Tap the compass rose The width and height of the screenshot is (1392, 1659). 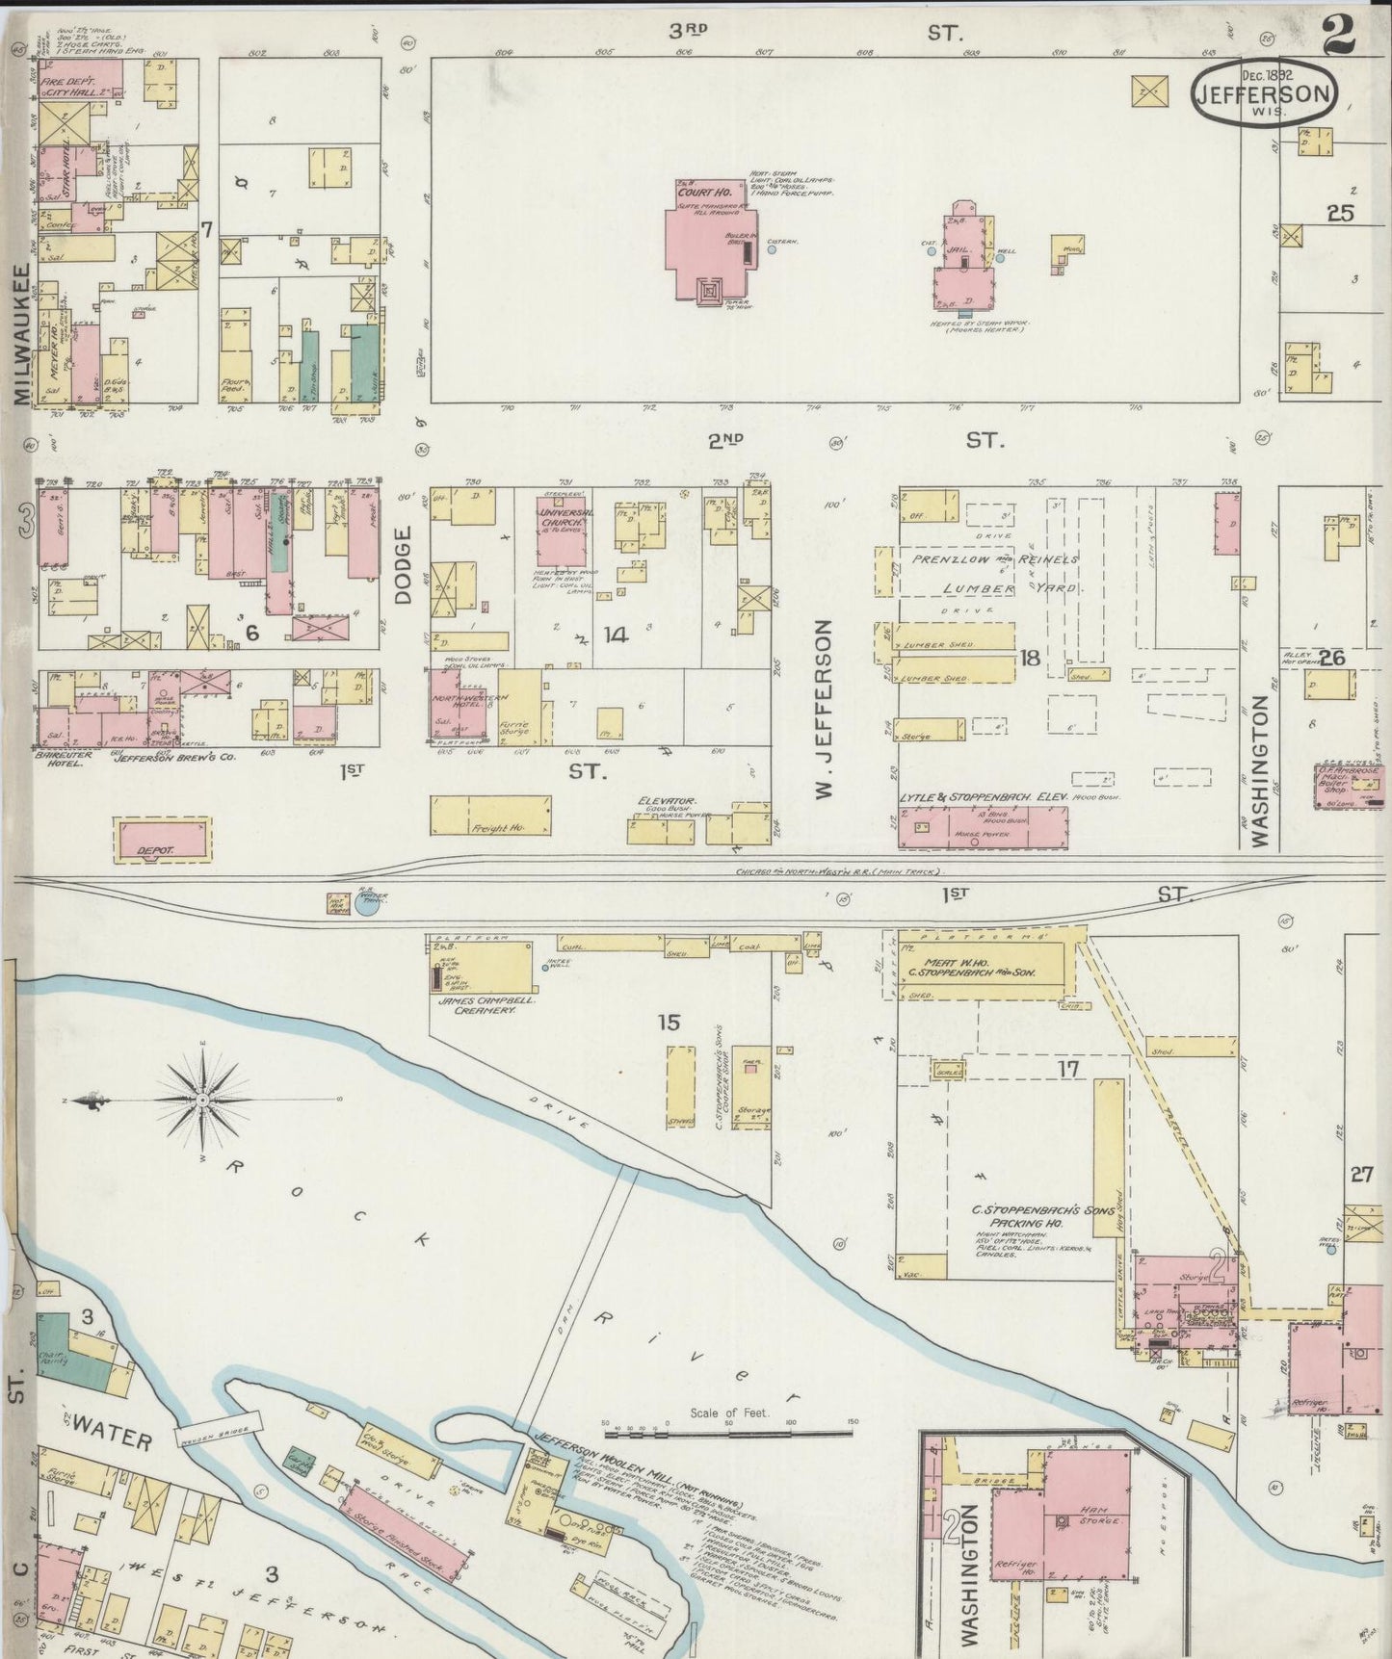pyautogui.click(x=203, y=1100)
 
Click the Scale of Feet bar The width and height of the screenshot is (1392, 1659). pyautogui.click(x=730, y=1437)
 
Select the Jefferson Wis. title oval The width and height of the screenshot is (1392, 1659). pyautogui.click(x=1264, y=93)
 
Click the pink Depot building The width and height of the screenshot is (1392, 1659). pyautogui.click(x=162, y=839)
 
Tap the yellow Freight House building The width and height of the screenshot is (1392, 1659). pyautogui.click(x=491, y=815)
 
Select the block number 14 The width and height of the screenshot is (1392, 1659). pyautogui.click(x=616, y=635)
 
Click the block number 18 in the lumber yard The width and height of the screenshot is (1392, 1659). pyautogui.click(x=1030, y=658)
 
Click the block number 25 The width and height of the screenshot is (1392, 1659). pyautogui.click(x=1339, y=214)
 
